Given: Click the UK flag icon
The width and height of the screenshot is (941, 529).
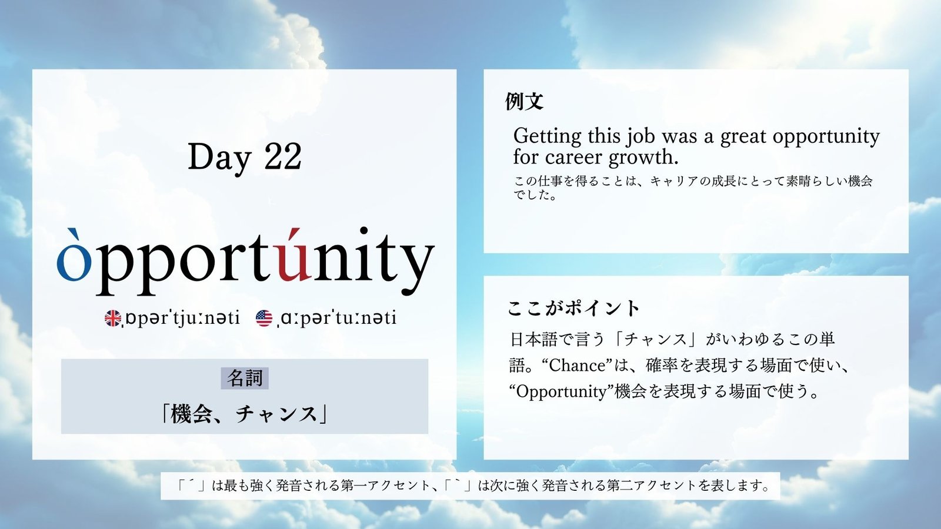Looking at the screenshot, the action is point(112,318).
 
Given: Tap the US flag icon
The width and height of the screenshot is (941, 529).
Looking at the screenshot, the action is point(264,318).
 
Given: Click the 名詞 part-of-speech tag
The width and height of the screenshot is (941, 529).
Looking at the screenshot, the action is point(245,379).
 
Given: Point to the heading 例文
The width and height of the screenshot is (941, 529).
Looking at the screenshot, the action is point(524,101).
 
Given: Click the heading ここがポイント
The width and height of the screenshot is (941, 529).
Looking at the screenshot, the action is point(573,308).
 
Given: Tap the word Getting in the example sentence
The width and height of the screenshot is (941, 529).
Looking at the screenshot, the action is point(548,136).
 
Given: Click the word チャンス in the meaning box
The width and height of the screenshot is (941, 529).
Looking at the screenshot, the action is point(276,414).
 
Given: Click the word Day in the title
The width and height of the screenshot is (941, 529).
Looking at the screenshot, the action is point(219,158).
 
